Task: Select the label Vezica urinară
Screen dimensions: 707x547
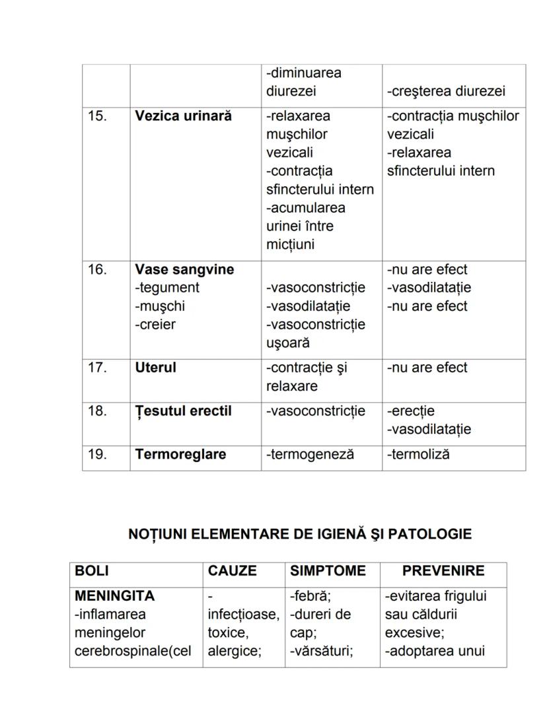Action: pos(183,116)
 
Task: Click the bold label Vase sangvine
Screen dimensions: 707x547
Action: pos(184,270)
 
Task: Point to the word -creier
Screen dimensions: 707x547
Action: pos(155,325)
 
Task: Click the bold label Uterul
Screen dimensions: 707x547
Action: pos(155,368)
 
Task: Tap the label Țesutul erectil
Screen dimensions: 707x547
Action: pos(183,411)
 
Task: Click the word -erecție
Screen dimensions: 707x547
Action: pos(411,411)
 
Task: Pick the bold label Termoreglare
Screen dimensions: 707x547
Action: pos(180,455)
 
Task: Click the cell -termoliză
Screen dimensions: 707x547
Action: pos(418,455)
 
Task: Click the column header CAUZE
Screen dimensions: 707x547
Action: pos(232,571)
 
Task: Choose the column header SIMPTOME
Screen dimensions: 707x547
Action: pos(328,571)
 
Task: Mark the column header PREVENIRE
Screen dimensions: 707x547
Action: pos(443,571)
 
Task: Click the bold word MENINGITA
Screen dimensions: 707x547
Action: pos(114,596)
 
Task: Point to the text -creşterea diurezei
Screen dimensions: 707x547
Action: pos(446,92)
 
